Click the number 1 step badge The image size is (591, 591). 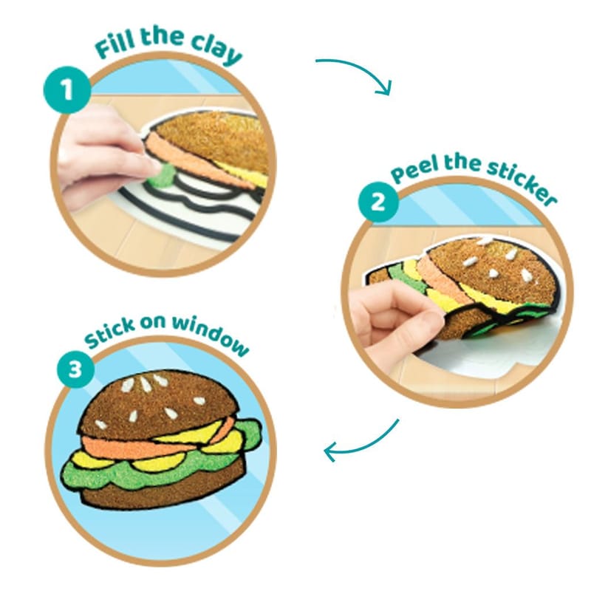67,90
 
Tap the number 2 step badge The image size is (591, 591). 378,202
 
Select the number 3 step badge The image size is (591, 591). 75,369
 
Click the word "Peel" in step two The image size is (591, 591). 414,169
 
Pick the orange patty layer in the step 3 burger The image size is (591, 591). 151,445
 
